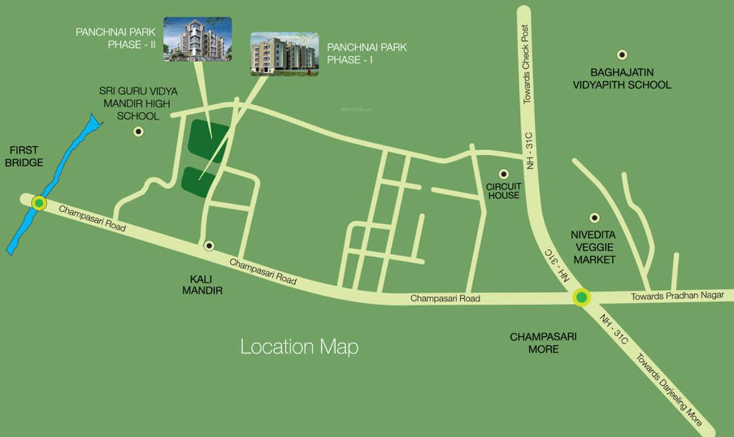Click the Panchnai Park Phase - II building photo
[x=197, y=39]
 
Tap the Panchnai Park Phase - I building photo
[x=284, y=53]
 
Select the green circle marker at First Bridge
[x=39, y=203]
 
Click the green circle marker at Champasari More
[x=581, y=297]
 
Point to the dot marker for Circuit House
[x=503, y=174]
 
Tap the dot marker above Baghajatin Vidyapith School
[x=622, y=55]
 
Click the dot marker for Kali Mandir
[x=209, y=245]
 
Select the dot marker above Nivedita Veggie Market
[x=594, y=217]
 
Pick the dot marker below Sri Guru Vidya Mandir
[x=138, y=131]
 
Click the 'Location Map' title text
[x=299, y=347]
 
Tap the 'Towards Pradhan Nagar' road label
[x=677, y=295]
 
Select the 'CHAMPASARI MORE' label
[x=543, y=343]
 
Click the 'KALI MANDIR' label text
[x=202, y=285]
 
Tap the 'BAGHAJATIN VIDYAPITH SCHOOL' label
[x=630, y=79]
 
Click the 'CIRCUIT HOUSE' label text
[x=503, y=191]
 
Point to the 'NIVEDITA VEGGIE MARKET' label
[x=594, y=247]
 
